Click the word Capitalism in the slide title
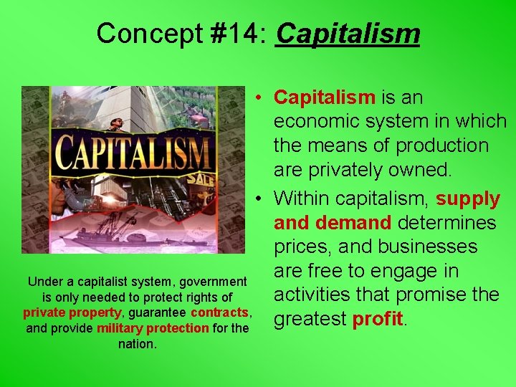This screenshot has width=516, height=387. click(348, 33)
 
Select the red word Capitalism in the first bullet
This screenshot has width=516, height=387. click(325, 97)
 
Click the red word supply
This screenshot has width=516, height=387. click(467, 197)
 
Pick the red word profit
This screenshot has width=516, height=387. click(378, 318)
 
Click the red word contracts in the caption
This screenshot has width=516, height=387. click(219, 312)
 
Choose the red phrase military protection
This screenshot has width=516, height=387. click(153, 328)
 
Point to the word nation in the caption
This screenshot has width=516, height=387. click(136, 344)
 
